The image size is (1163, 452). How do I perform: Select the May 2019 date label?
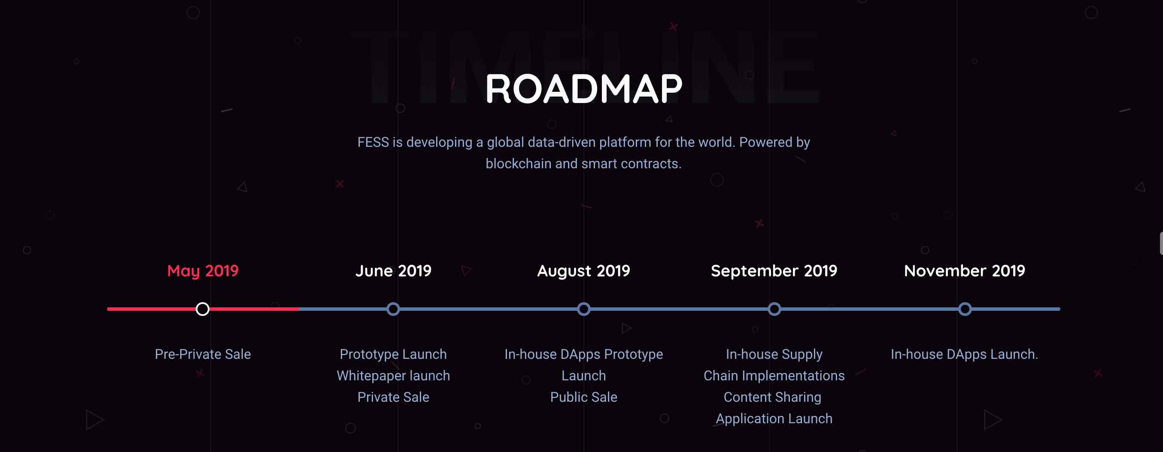pos(203,271)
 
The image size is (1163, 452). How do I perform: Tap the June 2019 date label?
pos(393,271)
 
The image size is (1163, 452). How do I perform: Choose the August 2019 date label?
pos(584,271)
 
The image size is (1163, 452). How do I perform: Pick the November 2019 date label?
pos(965,271)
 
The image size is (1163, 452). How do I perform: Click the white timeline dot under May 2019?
pos(203,309)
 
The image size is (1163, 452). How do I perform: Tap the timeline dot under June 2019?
pos(393,309)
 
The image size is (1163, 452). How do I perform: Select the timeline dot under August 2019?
pos(584,309)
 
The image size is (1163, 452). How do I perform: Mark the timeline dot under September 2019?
pos(774,309)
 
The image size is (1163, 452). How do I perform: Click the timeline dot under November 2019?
pos(965,309)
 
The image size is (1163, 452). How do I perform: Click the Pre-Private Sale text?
pos(203,354)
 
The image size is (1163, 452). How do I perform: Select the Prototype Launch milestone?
pos(393,355)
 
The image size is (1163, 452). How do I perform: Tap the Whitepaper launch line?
pos(393,376)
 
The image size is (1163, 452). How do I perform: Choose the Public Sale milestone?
pos(584,397)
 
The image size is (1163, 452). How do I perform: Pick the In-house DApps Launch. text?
pos(965,355)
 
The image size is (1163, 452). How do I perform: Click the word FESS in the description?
pos(373,142)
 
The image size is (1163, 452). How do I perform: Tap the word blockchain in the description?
pos(518,164)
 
